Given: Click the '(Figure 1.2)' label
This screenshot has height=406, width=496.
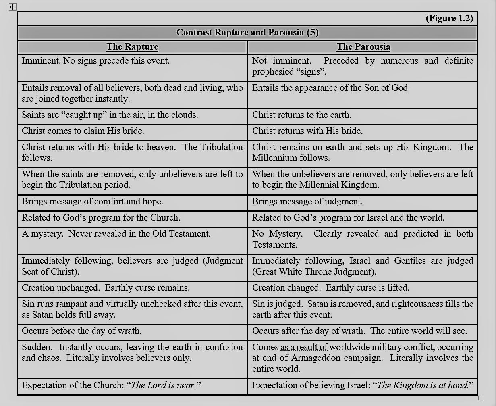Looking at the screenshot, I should tap(449, 18).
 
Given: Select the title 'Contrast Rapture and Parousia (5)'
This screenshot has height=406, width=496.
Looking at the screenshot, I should tap(247, 33).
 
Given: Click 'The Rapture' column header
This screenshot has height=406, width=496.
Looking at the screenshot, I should tap(132, 47).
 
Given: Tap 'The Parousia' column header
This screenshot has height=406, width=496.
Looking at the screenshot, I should tap(363, 47).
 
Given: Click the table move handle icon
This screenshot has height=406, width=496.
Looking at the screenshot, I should tap(12, 7).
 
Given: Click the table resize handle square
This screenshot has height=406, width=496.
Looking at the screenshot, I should tap(480, 398).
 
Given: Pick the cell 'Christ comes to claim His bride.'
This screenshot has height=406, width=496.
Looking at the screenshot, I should tap(83, 131).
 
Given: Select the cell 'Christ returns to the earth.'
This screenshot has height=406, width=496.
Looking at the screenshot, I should tap(302, 115).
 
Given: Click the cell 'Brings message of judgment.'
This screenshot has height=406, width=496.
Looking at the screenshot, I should tap(307, 202).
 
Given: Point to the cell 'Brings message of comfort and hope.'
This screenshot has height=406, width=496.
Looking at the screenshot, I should tap(92, 202).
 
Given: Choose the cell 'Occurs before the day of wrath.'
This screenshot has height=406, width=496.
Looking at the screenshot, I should tap(81, 331).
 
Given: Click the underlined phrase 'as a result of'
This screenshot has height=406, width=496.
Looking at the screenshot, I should tap(304, 347).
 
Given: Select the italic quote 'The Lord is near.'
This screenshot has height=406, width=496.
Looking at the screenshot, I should tap(164, 385).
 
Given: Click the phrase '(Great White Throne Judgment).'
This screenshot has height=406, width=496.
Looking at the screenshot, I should tap(314, 272).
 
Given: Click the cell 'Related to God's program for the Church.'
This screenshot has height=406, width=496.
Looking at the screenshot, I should tap(101, 218).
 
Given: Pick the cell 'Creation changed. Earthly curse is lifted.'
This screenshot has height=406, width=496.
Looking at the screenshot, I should tap(330, 288).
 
